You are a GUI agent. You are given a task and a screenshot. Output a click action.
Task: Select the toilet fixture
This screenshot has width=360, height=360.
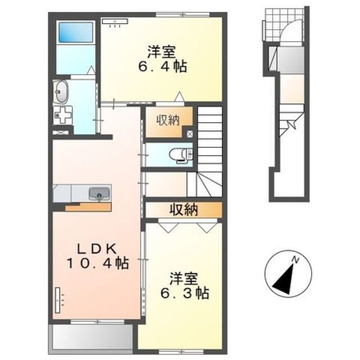pos(181,155)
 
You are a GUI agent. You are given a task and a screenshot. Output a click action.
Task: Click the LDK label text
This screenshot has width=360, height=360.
pos(96,249)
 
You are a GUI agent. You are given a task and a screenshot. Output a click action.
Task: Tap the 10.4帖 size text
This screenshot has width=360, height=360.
pos(97,263)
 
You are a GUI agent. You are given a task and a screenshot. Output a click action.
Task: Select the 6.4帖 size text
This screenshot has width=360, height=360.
pos(162,66)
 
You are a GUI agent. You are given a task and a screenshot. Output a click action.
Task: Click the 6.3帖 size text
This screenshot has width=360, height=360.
pos(184,293)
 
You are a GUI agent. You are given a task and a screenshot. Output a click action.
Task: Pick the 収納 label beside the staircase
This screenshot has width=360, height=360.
pos(168,120)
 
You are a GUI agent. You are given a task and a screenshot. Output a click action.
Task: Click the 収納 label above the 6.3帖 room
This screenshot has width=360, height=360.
pos(184,210)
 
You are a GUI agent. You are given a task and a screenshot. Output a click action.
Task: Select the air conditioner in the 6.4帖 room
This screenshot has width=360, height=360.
pos(115,21)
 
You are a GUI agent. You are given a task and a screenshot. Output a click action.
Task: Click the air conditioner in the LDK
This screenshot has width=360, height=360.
pos(57,300)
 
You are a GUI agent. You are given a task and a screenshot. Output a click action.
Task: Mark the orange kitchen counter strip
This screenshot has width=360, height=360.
pos(88,207)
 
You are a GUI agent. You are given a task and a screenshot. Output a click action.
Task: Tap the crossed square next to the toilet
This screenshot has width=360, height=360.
pos(190,134)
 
